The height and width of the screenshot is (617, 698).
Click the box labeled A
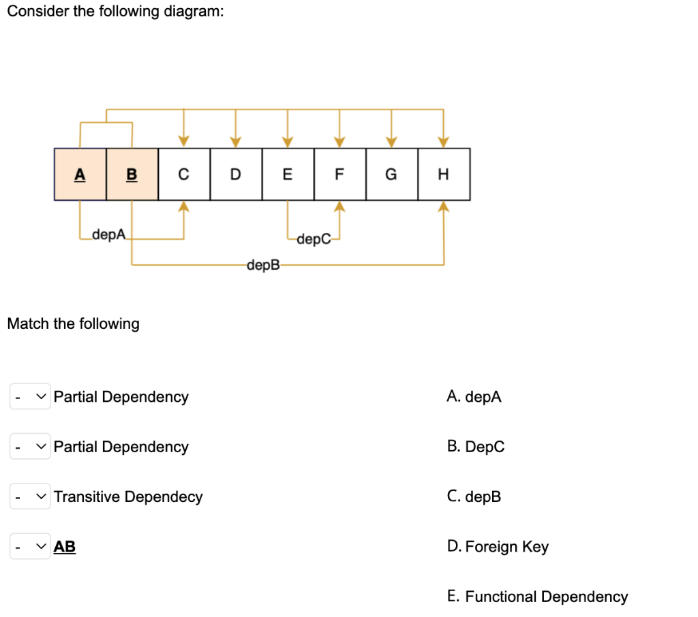[80, 174]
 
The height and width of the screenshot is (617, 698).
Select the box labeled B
[132, 174]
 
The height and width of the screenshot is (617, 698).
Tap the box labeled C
[183, 174]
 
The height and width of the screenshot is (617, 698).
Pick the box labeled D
[235, 174]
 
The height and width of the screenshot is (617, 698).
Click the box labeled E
[288, 174]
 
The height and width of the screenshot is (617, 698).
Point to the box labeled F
[339, 174]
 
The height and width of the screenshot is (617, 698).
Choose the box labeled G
[391, 174]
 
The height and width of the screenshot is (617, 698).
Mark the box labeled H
[443, 174]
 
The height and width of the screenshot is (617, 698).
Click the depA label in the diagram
[110, 235]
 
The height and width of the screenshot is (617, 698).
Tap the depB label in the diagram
[264, 264]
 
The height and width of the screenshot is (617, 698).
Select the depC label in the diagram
[314, 238]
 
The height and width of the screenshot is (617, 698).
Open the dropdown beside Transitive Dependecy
[30, 496]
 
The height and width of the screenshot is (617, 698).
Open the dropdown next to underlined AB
[30, 546]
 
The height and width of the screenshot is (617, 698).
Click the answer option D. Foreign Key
[498, 547]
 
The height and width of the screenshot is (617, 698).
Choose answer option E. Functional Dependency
[537, 597]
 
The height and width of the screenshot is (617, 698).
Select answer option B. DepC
[476, 447]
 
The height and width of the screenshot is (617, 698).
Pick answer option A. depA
[474, 397]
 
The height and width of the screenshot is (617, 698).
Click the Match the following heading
[73, 323]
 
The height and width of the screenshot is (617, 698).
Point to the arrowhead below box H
[444, 206]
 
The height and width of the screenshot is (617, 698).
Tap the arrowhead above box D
[235, 142]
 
